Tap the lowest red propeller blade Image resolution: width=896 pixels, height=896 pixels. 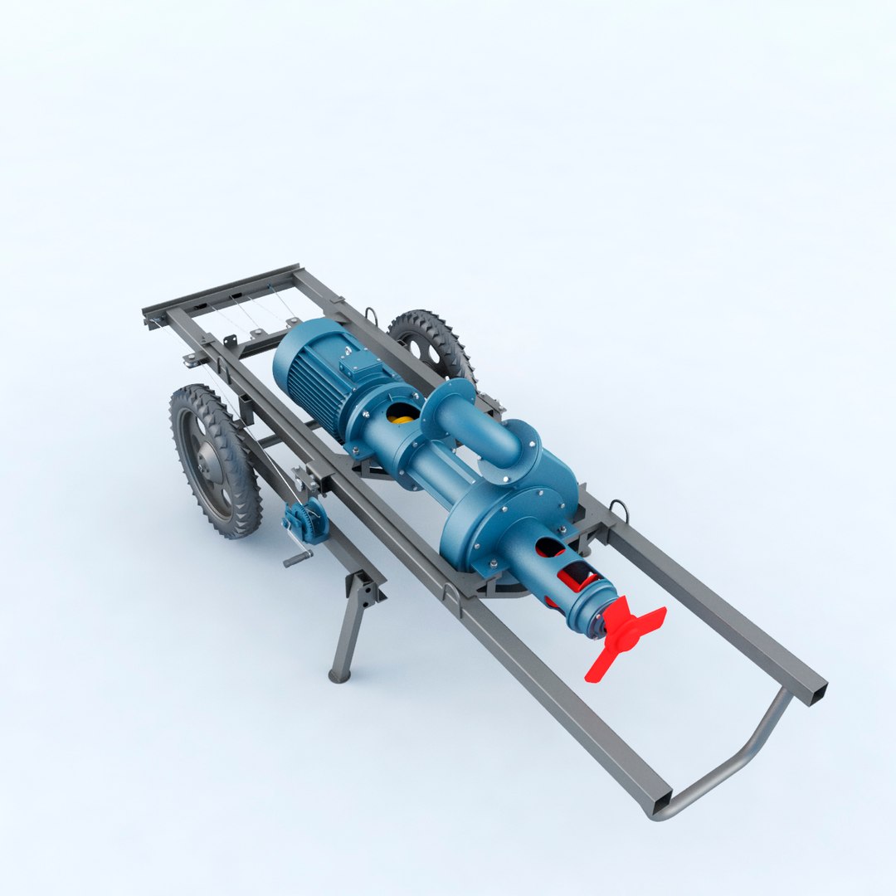(x=599, y=668)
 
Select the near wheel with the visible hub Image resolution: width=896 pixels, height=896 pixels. (x=214, y=461)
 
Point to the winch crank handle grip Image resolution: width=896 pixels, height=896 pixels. (x=296, y=561)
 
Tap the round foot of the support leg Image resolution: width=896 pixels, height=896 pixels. (x=338, y=676)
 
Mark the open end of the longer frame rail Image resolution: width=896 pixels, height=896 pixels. (x=657, y=800)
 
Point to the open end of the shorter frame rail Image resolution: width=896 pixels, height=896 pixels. (x=817, y=690)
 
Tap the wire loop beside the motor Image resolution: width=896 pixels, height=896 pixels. (x=370, y=315)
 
